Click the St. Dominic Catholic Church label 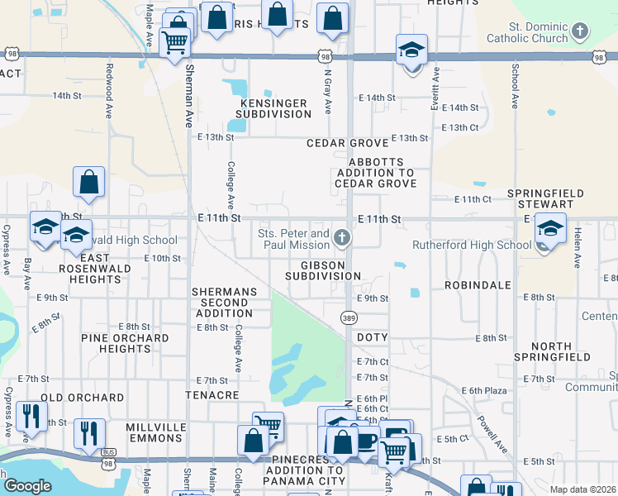click(x=527, y=32)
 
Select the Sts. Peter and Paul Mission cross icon click(x=341, y=240)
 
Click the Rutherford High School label click(x=472, y=245)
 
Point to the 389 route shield click(x=350, y=317)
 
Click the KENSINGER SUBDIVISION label click(x=273, y=108)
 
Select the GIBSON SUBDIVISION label click(x=325, y=270)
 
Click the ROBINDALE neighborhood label click(x=477, y=284)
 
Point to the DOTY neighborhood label click(x=372, y=338)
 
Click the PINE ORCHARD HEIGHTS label click(x=125, y=344)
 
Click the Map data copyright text click(x=582, y=489)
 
